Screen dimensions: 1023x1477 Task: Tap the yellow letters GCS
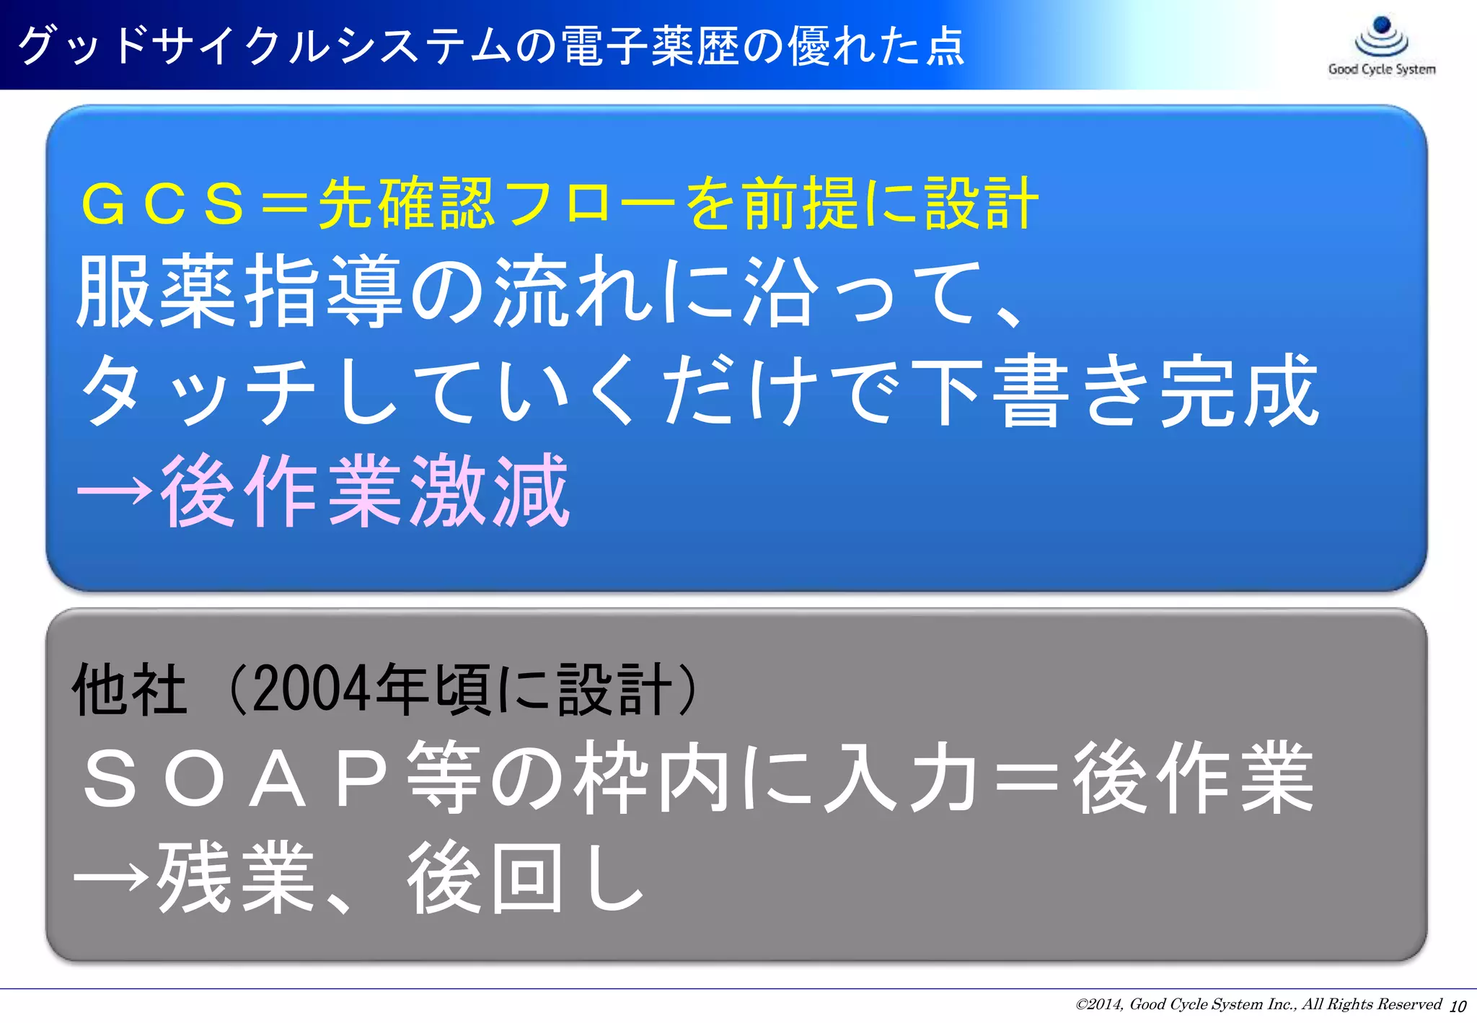163,204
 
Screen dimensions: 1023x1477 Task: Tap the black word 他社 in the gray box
131,690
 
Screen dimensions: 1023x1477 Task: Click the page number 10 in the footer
1458,1006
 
